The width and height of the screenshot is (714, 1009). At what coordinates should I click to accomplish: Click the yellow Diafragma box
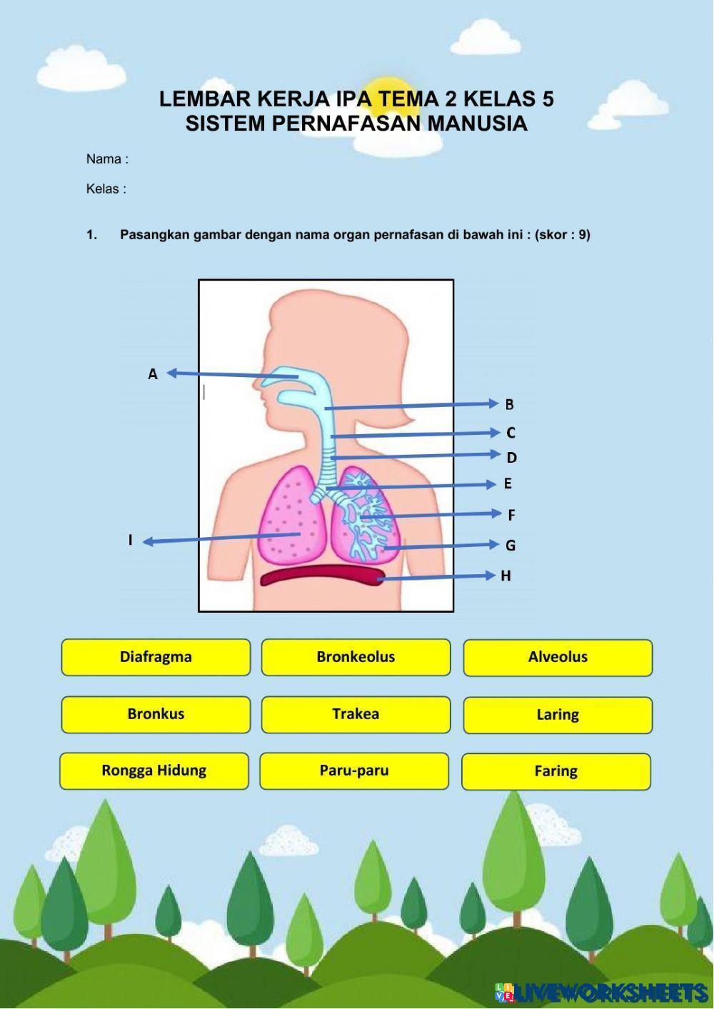coord(156,657)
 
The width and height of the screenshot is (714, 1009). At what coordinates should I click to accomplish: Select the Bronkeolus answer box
coord(356,657)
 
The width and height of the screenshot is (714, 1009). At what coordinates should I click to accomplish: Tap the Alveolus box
coord(558,658)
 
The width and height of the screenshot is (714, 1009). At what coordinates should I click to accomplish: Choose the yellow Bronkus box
coord(156,714)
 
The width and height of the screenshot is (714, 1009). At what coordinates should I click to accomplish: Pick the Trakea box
coord(356,714)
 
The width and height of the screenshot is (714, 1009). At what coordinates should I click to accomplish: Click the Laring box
coord(558,715)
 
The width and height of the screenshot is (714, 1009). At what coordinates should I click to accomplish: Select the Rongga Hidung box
coord(154,770)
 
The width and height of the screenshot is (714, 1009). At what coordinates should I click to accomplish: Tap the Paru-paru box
coord(354,770)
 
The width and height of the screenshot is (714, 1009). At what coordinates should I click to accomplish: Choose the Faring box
coord(556,771)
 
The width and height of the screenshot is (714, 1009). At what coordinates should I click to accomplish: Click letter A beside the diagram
coord(153,374)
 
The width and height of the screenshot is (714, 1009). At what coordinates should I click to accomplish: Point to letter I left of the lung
coord(131,541)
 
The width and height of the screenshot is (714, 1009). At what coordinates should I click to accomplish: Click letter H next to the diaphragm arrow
coord(506,576)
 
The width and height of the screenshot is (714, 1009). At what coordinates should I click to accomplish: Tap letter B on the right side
coord(509,405)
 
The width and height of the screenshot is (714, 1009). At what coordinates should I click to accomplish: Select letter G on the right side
coord(511,546)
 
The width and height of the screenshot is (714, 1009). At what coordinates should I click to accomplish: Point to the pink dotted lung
coord(289,514)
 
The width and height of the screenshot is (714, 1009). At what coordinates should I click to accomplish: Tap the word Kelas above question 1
coord(103,189)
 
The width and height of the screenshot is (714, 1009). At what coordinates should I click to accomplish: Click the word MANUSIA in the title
coord(477,124)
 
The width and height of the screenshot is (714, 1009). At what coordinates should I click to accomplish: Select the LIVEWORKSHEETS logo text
coord(610,993)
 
